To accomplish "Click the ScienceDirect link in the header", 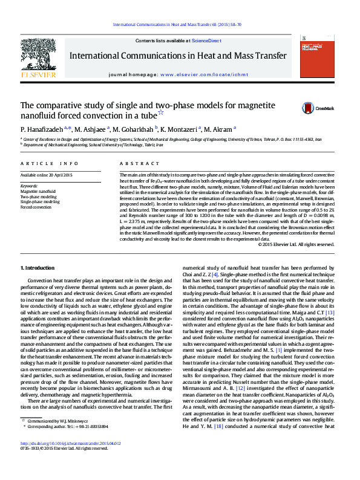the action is [206, 41].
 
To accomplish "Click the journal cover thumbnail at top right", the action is [318, 57].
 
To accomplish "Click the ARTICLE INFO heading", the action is [49, 164].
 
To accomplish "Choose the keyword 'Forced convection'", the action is [36, 207].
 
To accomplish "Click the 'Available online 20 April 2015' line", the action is [46, 175].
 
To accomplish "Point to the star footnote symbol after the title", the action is [160, 112].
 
